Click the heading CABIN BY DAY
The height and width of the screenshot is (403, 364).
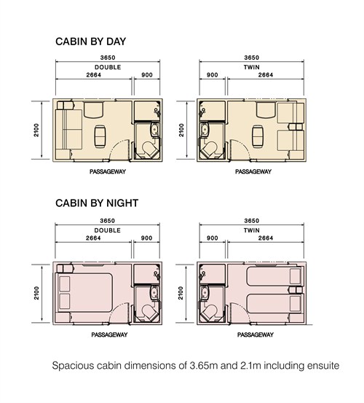(90, 42)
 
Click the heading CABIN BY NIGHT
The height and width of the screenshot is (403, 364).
(97, 203)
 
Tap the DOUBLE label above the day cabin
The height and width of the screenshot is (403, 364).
(108, 67)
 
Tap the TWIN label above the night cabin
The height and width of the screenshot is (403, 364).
(252, 230)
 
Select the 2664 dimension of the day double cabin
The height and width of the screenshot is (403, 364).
(94, 75)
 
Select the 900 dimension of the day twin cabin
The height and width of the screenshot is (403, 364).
(213, 75)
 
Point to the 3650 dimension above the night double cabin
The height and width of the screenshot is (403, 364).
(108, 221)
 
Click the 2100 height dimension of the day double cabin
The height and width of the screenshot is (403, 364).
(36, 130)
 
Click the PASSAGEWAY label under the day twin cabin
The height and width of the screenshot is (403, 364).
(253, 171)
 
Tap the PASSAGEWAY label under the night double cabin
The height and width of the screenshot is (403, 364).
(109, 334)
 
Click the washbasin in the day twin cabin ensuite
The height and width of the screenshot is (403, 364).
(205, 129)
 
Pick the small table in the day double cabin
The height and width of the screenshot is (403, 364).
(100, 136)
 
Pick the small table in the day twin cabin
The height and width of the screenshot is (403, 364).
(258, 136)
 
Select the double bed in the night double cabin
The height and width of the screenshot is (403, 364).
(84, 293)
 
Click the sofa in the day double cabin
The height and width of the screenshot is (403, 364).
(68, 130)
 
